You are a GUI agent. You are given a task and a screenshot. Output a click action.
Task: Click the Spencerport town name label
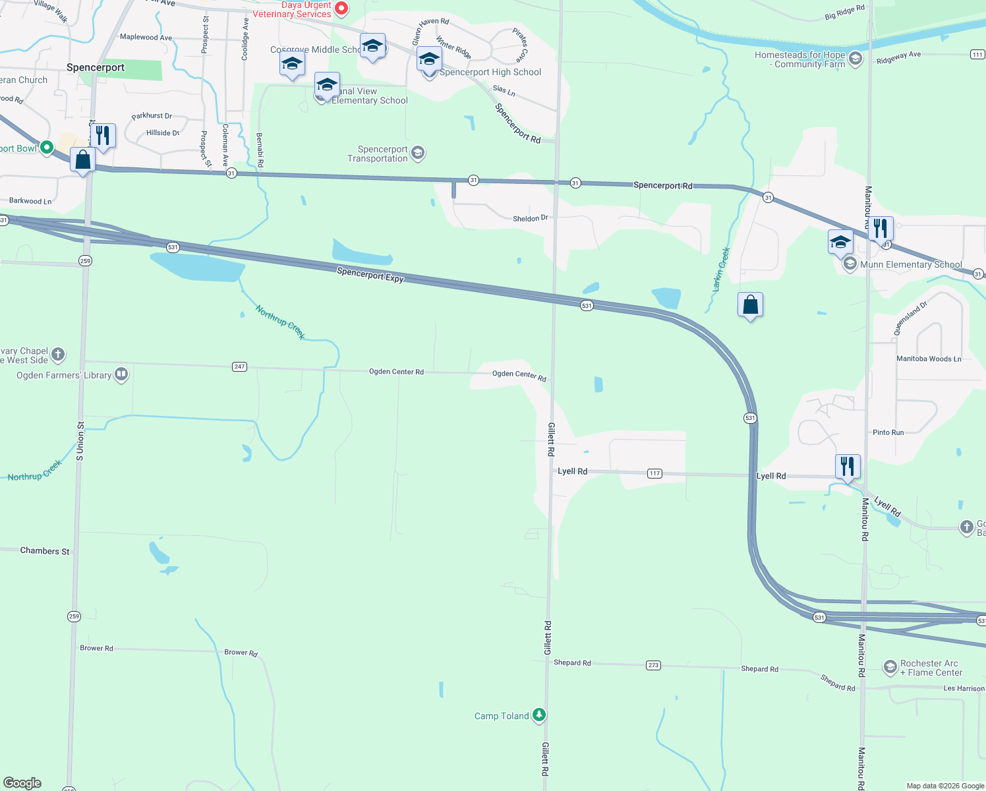[96, 67]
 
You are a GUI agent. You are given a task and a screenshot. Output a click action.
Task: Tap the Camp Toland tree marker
[539, 715]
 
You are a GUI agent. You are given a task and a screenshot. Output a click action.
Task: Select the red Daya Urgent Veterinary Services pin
[341, 9]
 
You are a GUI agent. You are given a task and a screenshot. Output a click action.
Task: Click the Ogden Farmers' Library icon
[121, 374]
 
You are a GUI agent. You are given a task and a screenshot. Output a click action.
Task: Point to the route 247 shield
[239, 366]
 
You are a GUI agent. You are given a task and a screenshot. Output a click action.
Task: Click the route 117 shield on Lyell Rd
[654, 473]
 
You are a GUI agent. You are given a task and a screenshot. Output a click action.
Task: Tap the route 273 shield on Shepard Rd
[653, 665]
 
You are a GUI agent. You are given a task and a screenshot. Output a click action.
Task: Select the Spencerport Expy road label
[370, 275]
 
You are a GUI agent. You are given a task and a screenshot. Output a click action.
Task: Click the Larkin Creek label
[721, 270]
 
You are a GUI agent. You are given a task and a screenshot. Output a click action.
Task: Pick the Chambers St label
[45, 551]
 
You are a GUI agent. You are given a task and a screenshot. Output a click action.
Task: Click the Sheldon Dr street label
[531, 218]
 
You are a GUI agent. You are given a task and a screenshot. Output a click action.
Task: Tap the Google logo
[22, 783]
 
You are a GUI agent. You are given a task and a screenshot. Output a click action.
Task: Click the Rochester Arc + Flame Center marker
[890, 667]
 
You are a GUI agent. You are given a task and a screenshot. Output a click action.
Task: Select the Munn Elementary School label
[911, 264]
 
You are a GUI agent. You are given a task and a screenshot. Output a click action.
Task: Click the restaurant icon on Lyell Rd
[847, 466]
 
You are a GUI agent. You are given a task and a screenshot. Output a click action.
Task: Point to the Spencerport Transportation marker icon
[417, 154]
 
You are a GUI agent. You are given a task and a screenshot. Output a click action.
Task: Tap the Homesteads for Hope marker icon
[855, 59]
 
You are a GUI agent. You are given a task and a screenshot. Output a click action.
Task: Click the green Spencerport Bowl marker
[46, 148]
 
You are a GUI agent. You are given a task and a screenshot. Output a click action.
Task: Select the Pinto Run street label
[888, 432]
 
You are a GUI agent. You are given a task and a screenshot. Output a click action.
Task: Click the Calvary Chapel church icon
[58, 355]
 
